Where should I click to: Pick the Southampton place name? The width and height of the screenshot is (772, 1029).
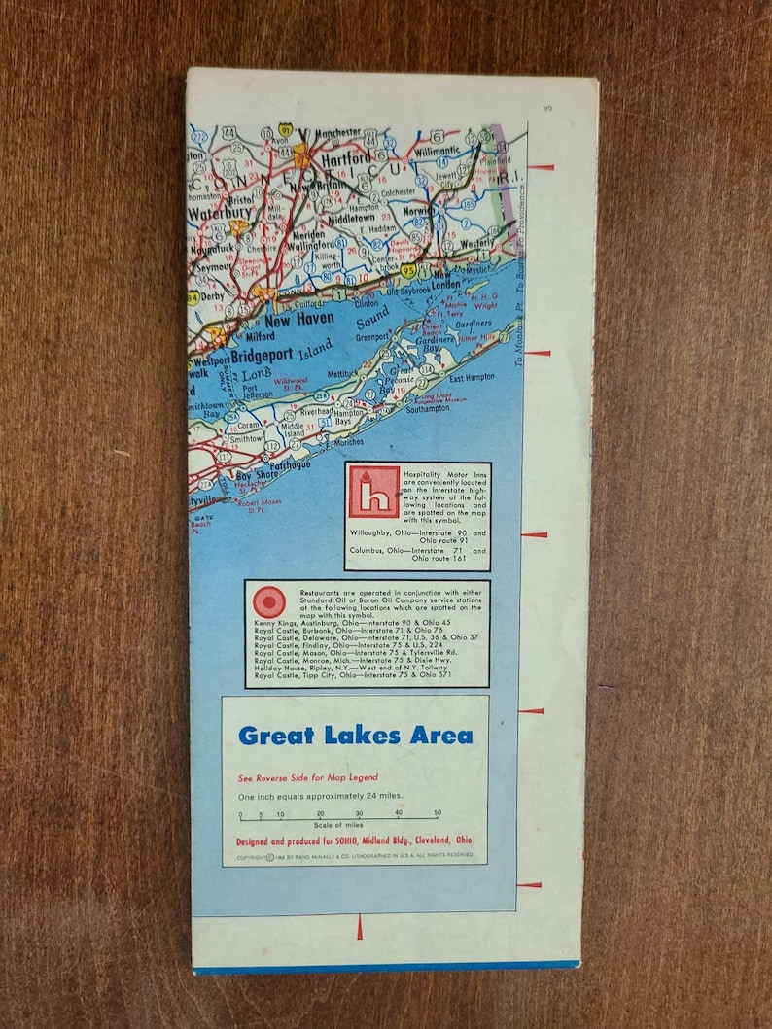click(428, 409)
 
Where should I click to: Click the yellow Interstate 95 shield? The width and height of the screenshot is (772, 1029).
click(409, 271)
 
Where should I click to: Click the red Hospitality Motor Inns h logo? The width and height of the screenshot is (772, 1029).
click(374, 492)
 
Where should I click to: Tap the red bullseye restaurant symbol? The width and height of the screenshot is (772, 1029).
click(269, 601)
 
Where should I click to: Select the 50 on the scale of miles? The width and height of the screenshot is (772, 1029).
click(438, 813)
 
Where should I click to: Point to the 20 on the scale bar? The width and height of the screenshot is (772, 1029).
click(320, 813)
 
